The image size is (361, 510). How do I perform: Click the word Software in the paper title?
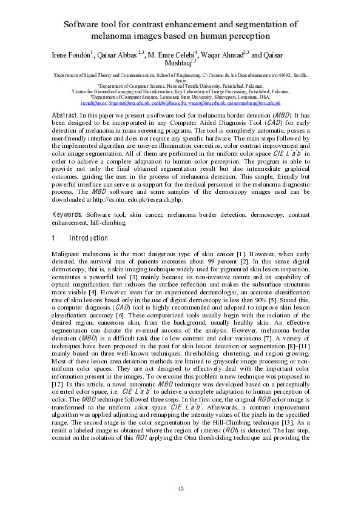tap(84, 24)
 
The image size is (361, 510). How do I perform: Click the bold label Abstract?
tap(64, 114)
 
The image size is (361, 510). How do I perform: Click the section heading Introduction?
tap(89, 238)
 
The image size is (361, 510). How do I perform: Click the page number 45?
tap(180, 488)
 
